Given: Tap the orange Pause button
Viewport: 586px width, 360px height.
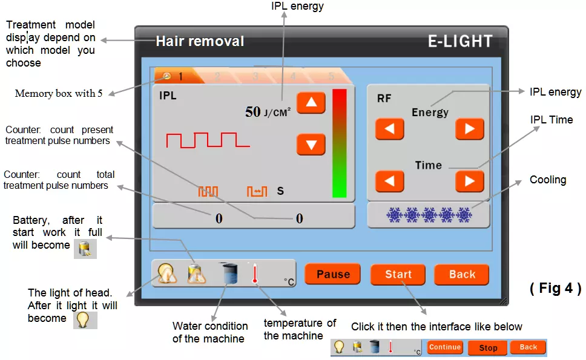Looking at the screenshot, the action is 332,274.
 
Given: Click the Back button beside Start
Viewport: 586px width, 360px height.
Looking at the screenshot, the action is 461,275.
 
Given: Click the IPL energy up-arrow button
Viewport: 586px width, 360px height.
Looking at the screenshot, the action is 311,103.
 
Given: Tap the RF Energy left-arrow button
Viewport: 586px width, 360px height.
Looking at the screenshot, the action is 389,129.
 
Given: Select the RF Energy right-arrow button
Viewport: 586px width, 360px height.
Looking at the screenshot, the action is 469,129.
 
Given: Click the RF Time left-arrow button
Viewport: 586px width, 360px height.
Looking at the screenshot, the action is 389,181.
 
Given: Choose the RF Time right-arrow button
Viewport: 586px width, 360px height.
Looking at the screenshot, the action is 469,181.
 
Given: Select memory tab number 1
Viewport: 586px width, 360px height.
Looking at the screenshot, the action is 176,76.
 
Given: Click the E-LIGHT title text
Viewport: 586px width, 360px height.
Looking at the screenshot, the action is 460,41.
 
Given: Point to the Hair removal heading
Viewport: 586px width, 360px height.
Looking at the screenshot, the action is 200,41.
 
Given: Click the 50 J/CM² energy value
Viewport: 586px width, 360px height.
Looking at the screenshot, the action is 268,112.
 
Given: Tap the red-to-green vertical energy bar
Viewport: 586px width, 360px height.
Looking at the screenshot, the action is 340,143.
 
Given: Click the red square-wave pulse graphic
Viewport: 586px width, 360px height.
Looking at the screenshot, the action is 208,140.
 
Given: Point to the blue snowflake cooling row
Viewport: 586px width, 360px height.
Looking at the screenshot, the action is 429,215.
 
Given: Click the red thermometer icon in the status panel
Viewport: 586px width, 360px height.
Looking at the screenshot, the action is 255,273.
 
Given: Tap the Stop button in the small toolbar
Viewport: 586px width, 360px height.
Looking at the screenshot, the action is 488,348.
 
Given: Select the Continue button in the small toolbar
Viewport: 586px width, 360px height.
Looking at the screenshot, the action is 445,347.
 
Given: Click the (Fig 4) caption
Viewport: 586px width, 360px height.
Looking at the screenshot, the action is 555,288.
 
